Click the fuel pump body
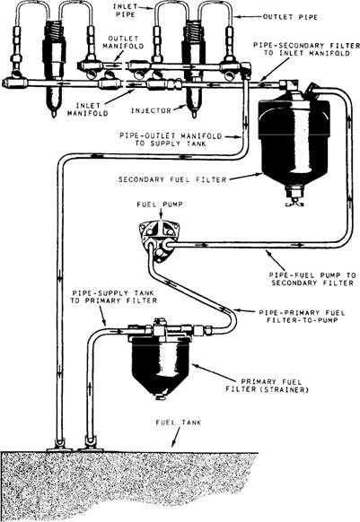click(x=159, y=240)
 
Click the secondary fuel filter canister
click(x=294, y=140)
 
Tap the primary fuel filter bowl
click(x=161, y=363)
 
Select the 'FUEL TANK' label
click(x=179, y=422)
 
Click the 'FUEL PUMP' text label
click(x=160, y=204)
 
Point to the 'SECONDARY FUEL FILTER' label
click(x=172, y=179)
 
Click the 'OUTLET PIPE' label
click(x=290, y=17)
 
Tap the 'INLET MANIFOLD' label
click(x=88, y=109)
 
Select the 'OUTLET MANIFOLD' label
click(x=123, y=43)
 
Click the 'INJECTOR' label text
click(x=151, y=110)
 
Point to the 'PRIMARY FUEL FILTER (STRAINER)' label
click(x=267, y=386)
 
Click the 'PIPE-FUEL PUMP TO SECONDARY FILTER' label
click(x=312, y=279)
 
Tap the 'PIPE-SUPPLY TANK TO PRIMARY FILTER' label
click(x=113, y=297)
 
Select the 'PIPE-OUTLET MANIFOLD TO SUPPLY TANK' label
click(x=171, y=140)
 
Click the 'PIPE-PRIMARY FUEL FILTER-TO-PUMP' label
click(x=302, y=317)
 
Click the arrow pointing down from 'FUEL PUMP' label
click(x=162, y=215)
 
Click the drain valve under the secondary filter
click(x=294, y=199)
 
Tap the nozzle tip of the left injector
click(x=53, y=114)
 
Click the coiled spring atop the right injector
click(x=193, y=30)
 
